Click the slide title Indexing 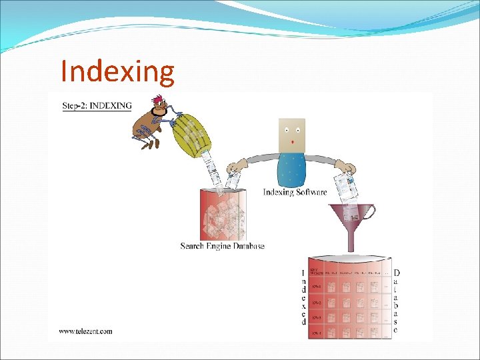pos(117,71)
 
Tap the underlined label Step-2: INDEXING pos(97,105)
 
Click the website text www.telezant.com pos(85,331)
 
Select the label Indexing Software pos(295,192)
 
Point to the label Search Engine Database pos(223,246)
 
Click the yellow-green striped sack pos(191,134)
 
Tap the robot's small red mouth pos(292,142)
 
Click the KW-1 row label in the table pos(316,287)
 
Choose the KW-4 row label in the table pos(316,331)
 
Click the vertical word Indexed pos(303,297)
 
